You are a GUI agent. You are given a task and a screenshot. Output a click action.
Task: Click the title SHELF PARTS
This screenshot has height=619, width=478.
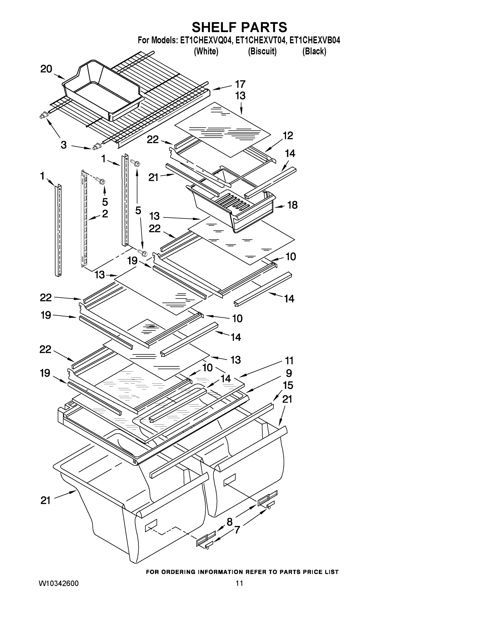[239, 28]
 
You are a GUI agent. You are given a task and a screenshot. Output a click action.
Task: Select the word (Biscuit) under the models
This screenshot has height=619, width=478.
[262, 51]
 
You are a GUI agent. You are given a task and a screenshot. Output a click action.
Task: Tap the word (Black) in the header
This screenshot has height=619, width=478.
[314, 51]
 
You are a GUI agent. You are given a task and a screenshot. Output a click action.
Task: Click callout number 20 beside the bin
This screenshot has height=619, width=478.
[46, 69]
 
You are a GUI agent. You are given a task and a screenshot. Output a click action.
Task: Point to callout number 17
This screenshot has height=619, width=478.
[240, 84]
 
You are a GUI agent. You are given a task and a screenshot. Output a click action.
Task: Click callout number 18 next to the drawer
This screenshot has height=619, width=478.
[292, 205]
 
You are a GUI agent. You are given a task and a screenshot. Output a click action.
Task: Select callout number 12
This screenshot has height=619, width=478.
[288, 136]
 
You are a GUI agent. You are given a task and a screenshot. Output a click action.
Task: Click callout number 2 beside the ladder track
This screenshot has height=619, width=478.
[105, 214]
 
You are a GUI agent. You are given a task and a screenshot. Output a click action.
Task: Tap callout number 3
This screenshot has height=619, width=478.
[64, 145]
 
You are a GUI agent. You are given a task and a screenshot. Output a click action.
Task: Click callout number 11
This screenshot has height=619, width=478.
[289, 361]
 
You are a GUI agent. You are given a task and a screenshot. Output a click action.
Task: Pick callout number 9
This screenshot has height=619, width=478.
[289, 373]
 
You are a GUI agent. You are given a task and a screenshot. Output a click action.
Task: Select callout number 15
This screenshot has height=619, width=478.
[288, 386]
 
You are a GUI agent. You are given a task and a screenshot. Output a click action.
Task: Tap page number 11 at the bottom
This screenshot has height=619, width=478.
[239, 583]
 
